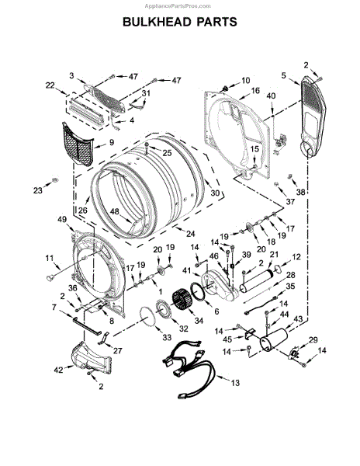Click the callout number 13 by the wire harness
click(x=235, y=383)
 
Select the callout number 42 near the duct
click(x=58, y=370)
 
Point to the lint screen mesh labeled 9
click(x=78, y=144)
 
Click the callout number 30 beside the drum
click(x=215, y=193)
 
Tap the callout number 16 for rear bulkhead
click(x=255, y=90)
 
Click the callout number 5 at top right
click(x=284, y=75)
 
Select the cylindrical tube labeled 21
click(x=257, y=280)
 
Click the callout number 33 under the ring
click(x=167, y=337)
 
